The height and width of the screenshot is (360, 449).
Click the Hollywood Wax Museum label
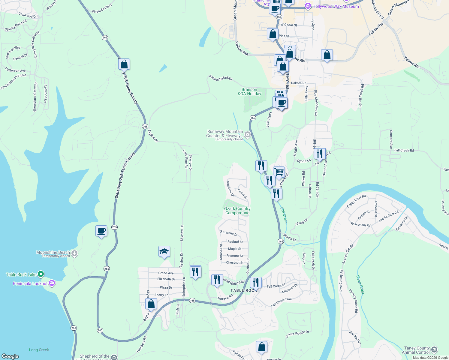pos(335,6)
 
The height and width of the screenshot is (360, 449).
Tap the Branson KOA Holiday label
pos(249,92)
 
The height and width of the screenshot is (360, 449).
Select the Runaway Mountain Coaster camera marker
pos(248,134)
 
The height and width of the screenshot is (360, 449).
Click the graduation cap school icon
pos(164,251)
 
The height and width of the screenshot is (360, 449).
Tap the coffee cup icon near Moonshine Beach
pos(101,231)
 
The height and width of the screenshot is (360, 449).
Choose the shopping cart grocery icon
pos(279,172)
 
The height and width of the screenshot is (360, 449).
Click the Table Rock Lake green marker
pos(41,274)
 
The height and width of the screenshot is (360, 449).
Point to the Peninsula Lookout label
pos(30,283)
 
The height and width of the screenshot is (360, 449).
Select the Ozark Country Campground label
pos(237,211)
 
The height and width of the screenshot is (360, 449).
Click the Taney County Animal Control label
pos(417,350)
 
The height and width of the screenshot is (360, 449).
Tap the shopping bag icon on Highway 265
pos(124,64)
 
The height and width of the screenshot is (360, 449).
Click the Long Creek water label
pos(39,350)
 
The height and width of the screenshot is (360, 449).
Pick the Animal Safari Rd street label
pos(221,78)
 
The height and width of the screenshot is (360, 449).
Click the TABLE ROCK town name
pos(243,290)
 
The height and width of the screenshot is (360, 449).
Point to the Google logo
pos(10,356)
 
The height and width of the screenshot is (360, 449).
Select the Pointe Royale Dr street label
pos(297,334)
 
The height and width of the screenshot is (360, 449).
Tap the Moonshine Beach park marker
pos(74,253)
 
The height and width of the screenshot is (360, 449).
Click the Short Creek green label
pos(360,285)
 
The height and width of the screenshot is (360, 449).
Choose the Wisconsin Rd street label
pos(360,224)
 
